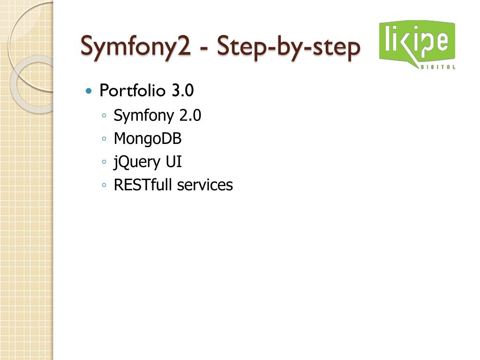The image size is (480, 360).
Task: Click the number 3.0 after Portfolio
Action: (x=182, y=90)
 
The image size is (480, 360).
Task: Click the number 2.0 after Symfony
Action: (x=190, y=115)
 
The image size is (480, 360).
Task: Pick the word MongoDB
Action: (x=148, y=139)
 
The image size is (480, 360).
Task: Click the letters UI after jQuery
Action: (x=173, y=162)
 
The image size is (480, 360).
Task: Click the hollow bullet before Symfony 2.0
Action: (x=104, y=116)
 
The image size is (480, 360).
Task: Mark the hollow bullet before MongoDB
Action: (x=104, y=139)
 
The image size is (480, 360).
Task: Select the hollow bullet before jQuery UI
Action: (x=104, y=163)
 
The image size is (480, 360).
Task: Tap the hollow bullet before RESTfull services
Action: (x=104, y=186)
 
